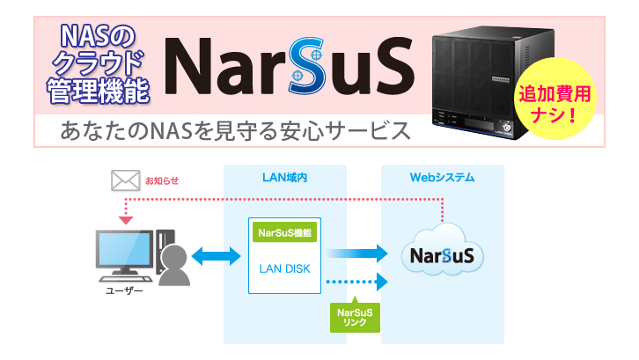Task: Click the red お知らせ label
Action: point(162,181)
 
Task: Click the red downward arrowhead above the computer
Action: point(126,219)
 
